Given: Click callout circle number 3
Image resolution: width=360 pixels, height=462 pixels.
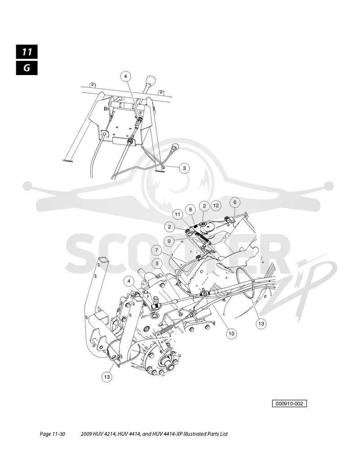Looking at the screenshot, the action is click(184, 168).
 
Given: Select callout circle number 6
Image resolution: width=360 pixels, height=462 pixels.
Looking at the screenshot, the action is click(235, 202).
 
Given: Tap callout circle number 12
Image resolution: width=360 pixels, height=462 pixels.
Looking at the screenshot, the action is click(216, 206).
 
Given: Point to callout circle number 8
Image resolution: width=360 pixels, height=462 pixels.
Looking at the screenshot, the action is click(190, 210).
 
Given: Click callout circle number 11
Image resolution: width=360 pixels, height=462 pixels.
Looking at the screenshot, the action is click(177, 215).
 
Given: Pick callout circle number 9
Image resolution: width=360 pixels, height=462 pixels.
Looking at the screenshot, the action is click(169, 241).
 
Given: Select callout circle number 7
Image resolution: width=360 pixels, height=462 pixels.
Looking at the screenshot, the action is click(157, 251).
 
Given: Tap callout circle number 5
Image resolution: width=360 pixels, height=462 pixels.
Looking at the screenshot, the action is click(157, 263).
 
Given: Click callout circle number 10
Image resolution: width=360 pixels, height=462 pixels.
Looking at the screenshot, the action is click(231, 333).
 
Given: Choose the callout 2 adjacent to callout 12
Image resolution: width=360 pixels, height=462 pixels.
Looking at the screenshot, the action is click(204, 206).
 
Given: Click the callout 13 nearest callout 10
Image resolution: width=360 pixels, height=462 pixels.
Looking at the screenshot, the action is click(261, 323).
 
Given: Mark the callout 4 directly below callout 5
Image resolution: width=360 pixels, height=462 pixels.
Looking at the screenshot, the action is click(129, 282).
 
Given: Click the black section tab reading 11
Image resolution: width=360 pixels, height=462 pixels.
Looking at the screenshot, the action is click(27, 52).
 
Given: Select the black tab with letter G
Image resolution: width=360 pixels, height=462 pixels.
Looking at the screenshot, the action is click(27, 68).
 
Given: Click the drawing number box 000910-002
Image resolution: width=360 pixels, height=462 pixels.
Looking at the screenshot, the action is click(289, 404).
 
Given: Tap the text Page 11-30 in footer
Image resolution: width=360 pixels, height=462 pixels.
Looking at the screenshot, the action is click(52, 434).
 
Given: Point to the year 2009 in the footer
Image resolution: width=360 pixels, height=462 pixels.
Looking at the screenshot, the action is click(86, 434).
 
